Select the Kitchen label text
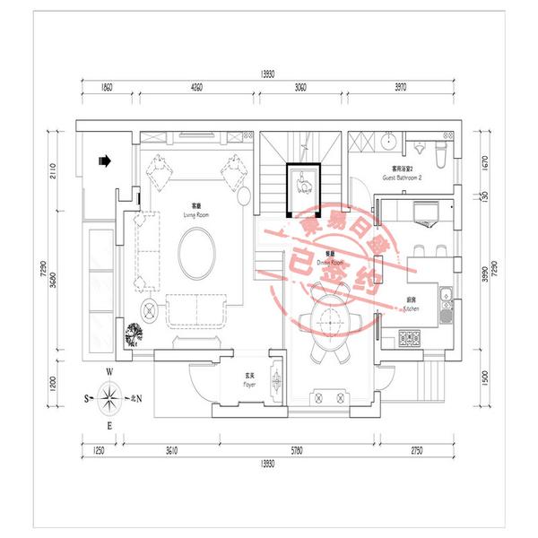[411, 306]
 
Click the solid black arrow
[104, 161]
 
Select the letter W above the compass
[108, 371]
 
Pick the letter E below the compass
[108, 424]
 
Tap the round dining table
[328, 317]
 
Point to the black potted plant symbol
[135, 334]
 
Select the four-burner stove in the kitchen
[412, 338]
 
